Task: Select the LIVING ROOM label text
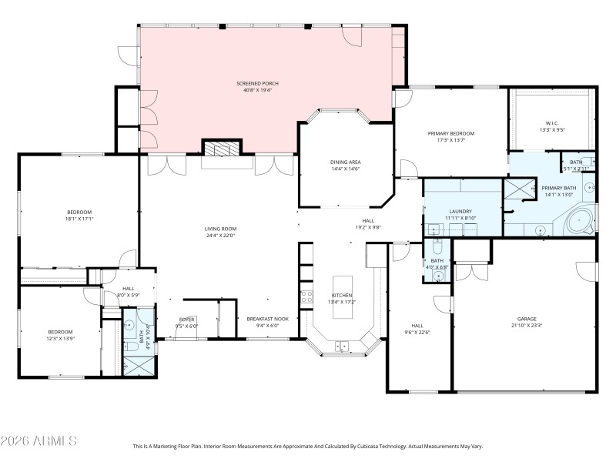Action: pos(220,228)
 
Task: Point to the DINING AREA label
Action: pos(345,162)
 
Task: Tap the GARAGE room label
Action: pos(527,319)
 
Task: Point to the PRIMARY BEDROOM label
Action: pos(451,133)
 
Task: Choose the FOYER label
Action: pos(187,319)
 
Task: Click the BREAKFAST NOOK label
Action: pos(266,319)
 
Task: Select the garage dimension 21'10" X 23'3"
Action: pos(527,326)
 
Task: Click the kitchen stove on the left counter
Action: pos(306,296)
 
